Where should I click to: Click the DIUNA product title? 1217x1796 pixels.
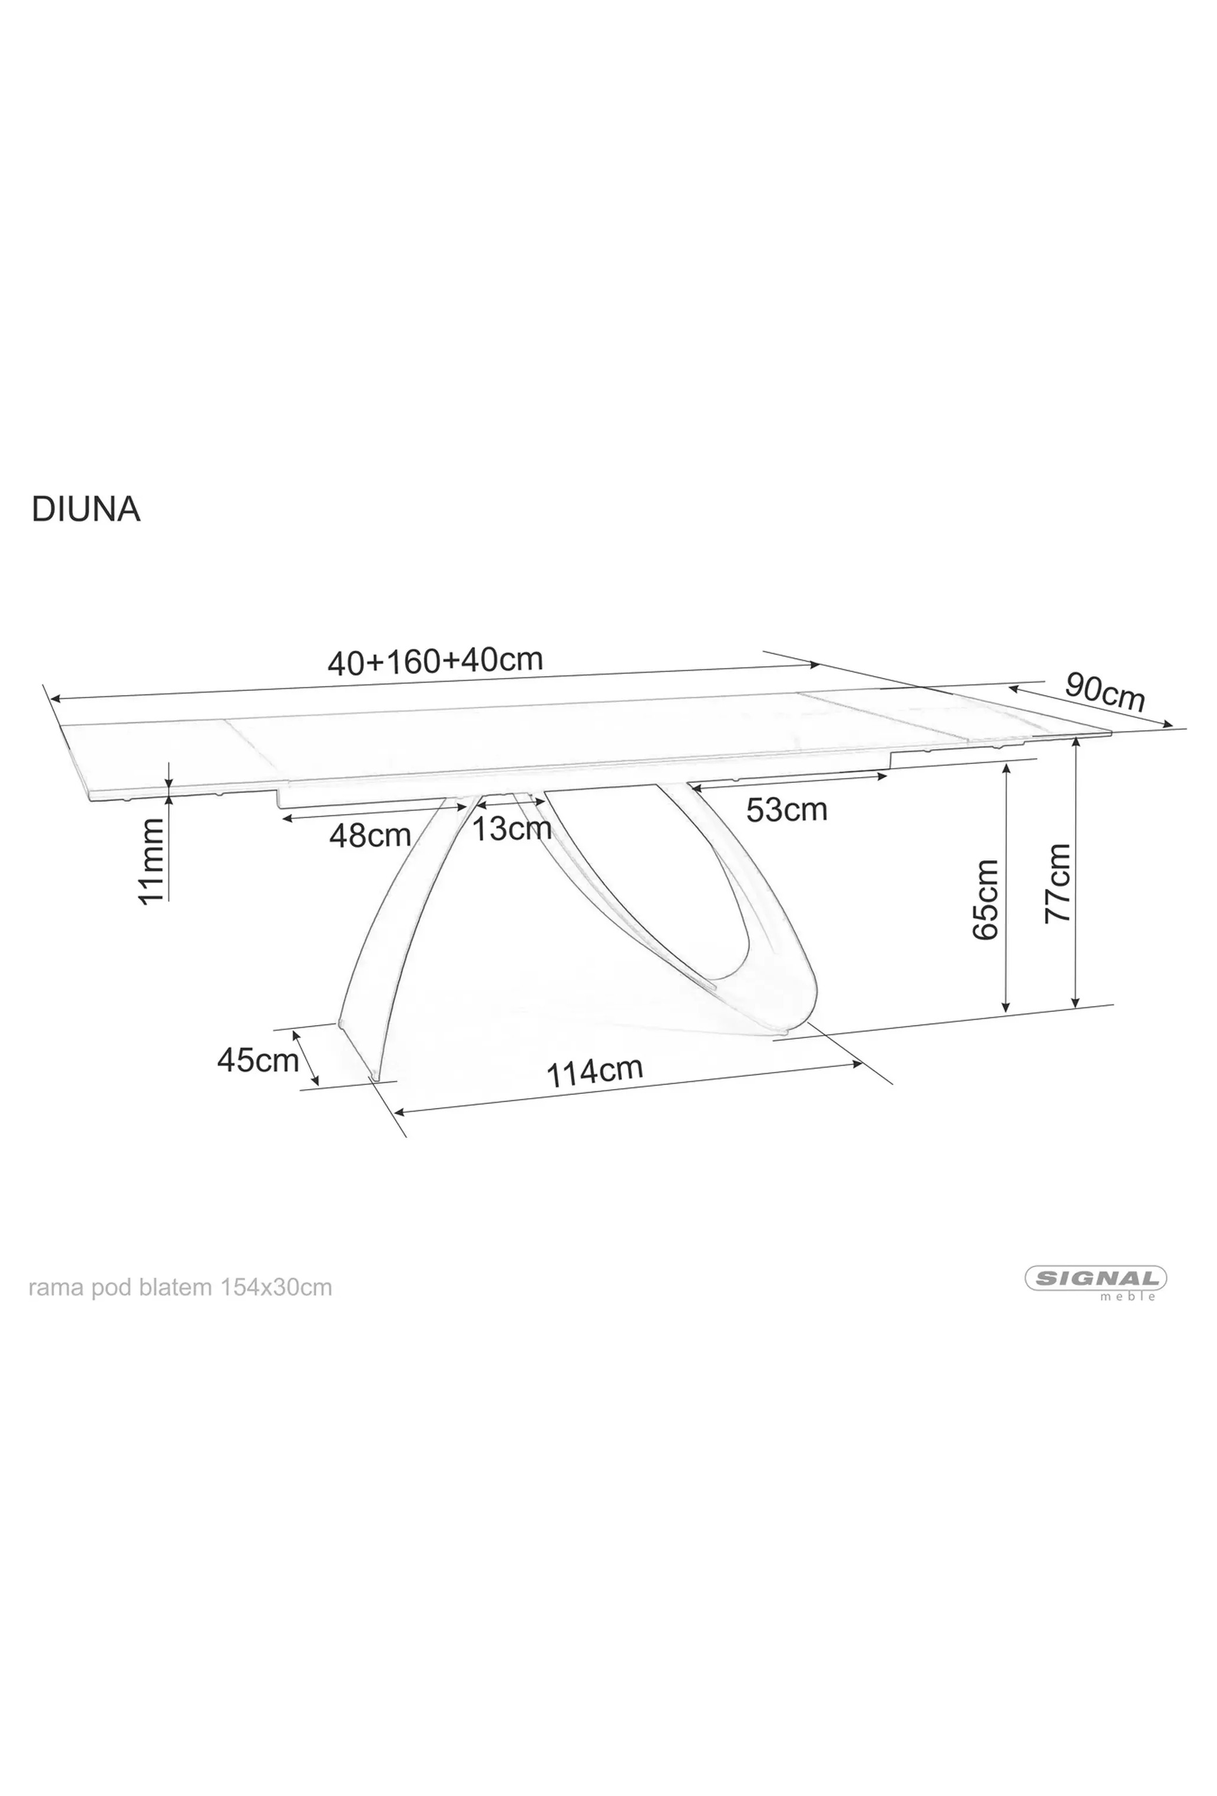click(x=86, y=510)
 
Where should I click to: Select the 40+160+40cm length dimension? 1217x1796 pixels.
click(x=435, y=661)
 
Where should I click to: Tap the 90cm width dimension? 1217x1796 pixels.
click(x=1104, y=691)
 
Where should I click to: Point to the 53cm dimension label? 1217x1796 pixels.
click(x=786, y=810)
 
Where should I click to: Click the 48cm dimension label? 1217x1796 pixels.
click(x=370, y=835)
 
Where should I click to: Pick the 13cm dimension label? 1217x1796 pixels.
click(x=511, y=828)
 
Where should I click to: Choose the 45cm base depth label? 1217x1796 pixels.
click(x=257, y=1060)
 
